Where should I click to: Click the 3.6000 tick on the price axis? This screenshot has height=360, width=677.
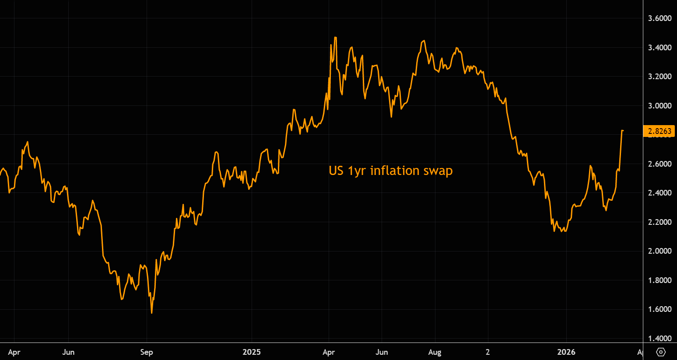659,18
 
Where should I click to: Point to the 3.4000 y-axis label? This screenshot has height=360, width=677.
659,47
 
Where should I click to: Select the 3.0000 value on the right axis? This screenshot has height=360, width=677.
659,106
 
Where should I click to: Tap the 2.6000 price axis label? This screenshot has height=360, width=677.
659,164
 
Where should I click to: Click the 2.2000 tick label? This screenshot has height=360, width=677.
659,222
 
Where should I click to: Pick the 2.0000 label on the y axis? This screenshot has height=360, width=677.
659,251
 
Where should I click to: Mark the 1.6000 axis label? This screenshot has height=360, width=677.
659,309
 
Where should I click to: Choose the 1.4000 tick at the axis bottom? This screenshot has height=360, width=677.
659,338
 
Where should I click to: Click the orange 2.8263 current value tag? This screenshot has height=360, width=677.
659,131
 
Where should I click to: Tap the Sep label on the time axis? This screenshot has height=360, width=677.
147,352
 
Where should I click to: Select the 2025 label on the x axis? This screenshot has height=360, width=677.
252,352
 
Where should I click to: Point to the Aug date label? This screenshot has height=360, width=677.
435,352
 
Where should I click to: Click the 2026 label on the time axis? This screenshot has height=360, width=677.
566,352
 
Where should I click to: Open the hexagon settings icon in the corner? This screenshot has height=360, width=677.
661,352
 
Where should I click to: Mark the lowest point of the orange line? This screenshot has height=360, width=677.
152,313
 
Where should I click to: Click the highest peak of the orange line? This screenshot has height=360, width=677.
335,38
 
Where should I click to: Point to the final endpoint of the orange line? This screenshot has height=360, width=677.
623,131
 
